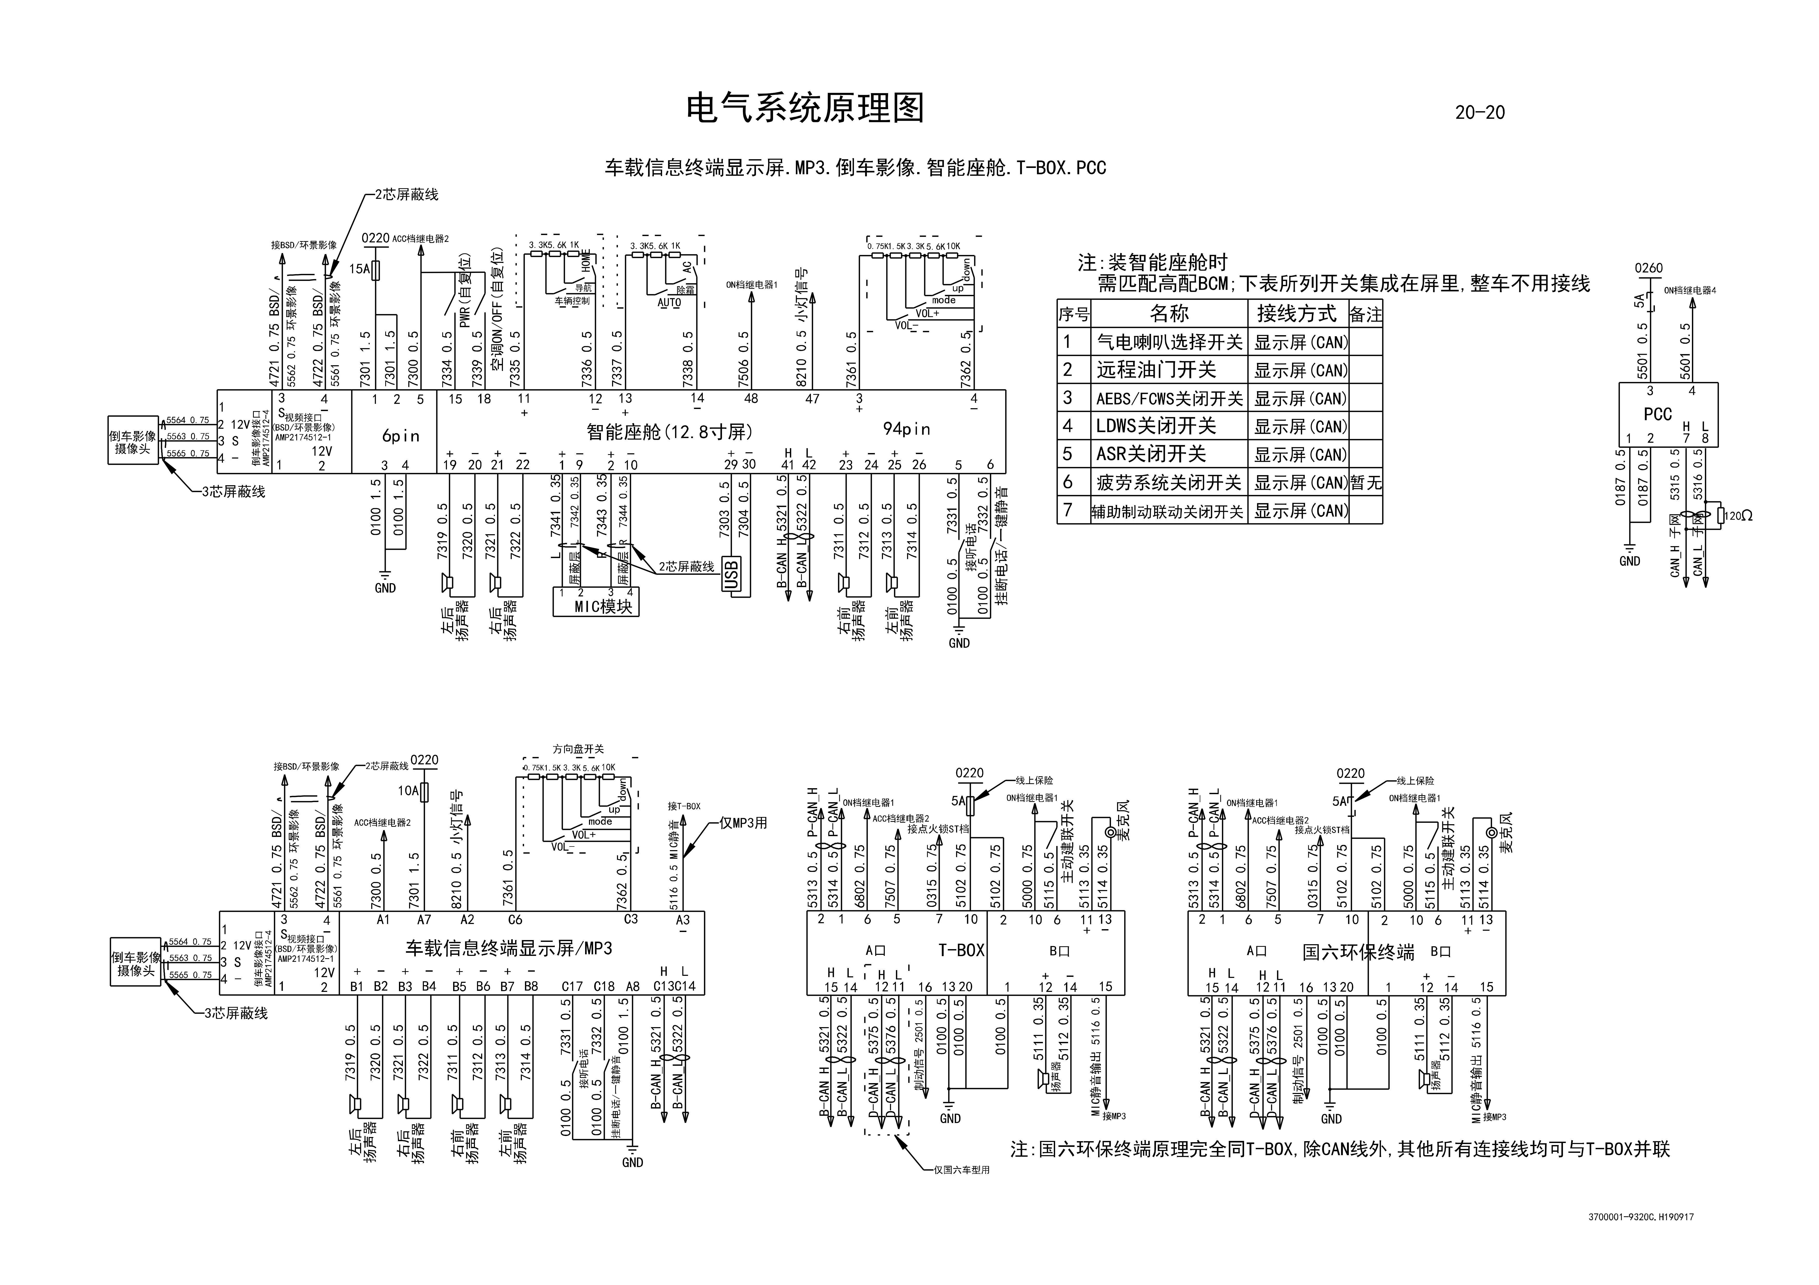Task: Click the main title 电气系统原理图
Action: click(805, 109)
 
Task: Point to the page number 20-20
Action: click(1479, 112)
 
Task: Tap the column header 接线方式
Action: click(1296, 314)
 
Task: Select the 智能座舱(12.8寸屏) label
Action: click(669, 432)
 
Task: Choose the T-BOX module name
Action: click(961, 950)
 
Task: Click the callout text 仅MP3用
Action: click(743, 822)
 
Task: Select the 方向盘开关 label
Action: click(578, 749)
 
